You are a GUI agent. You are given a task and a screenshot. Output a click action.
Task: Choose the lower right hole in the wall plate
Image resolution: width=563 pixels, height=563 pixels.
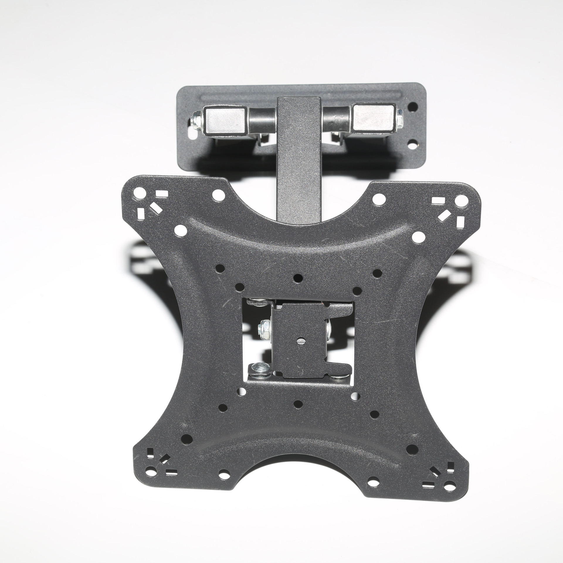(413, 144)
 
